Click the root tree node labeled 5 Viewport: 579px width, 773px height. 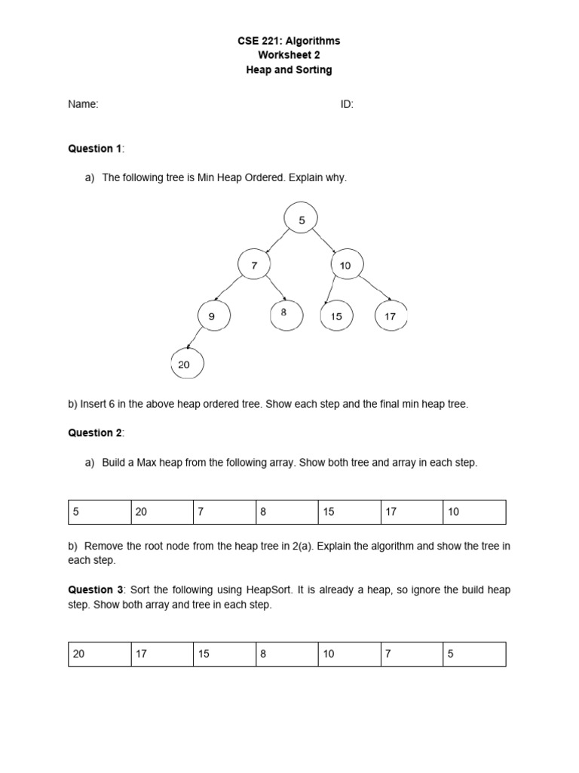click(302, 220)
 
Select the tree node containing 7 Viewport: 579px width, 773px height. click(254, 265)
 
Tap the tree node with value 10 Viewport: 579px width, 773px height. click(346, 265)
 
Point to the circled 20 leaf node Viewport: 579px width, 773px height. click(185, 364)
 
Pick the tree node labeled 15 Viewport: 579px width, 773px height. click(336, 316)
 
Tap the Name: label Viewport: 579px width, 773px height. click(83, 105)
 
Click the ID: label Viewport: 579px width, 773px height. click(347, 105)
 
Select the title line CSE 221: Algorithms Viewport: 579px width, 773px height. click(289, 41)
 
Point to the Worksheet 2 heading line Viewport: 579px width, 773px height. click(289, 55)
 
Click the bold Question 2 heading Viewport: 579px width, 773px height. click(95, 433)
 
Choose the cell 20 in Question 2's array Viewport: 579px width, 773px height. click(162, 512)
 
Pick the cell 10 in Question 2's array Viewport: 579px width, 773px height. click(474, 512)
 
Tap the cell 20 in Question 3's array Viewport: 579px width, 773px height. click(100, 654)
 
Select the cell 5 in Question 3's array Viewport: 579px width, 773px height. click(474, 654)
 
